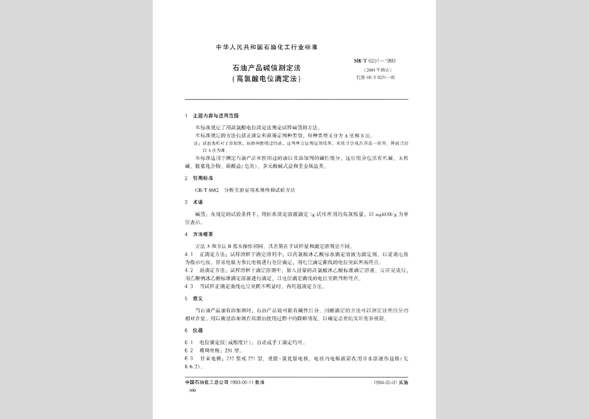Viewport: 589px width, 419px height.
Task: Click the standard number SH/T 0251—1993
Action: (x=374, y=61)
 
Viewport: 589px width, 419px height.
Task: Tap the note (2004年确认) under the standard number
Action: (x=378, y=70)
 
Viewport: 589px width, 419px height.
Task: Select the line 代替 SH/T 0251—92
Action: (x=375, y=78)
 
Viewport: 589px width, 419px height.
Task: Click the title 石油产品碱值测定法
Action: (x=266, y=68)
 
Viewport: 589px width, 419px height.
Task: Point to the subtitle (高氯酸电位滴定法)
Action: (x=266, y=79)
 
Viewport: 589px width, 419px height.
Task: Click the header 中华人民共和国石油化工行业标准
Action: (x=267, y=47)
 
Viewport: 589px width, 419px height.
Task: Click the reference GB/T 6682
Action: (x=207, y=190)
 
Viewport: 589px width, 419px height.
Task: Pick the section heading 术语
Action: (x=197, y=202)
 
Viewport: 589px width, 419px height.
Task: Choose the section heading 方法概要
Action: (x=203, y=234)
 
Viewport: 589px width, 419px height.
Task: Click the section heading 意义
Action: (x=197, y=298)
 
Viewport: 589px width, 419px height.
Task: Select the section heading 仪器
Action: (x=197, y=330)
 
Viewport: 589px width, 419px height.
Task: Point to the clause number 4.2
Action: (x=189, y=270)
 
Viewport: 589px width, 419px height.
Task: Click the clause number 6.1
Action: (x=189, y=343)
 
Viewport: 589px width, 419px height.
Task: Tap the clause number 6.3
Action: (x=189, y=359)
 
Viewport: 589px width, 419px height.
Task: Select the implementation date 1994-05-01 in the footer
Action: (x=385, y=382)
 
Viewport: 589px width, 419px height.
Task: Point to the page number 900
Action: (x=192, y=391)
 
